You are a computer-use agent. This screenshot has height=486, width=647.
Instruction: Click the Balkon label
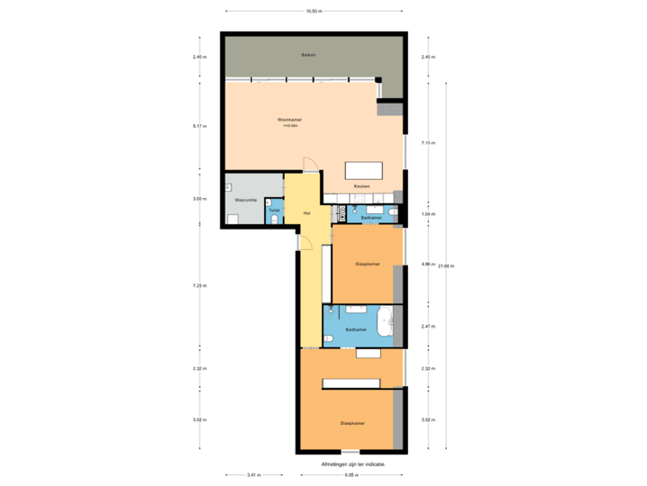tap(308, 55)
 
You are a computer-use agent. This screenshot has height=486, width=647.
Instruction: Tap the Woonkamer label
tap(289, 120)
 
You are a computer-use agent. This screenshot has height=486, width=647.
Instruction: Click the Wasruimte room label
tap(246, 199)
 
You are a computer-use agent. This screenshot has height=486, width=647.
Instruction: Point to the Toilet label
tap(274, 211)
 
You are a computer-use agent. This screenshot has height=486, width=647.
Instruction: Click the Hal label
tap(306, 213)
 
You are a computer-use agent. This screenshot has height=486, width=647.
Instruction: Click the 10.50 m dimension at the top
tap(314, 12)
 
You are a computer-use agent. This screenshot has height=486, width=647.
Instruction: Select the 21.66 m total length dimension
tap(448, 265)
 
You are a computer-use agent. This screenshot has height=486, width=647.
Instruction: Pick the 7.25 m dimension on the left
tap(199, 286)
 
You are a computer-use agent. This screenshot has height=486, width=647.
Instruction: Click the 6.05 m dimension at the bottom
tap(351, 474)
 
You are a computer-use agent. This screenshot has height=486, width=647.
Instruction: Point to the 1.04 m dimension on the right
tap(428, 213)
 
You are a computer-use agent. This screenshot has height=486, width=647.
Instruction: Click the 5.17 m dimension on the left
tap(199, 127)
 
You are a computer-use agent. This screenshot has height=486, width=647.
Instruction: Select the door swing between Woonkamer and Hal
tap(310, 165)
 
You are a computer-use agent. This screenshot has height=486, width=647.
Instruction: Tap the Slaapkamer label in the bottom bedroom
tap(351, 422)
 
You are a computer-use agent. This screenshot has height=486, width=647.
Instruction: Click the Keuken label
tap(361, 186)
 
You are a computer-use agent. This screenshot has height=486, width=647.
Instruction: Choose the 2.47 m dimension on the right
tap(428, 326)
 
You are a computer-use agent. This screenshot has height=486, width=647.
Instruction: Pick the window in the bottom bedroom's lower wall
tap(350, 452)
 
